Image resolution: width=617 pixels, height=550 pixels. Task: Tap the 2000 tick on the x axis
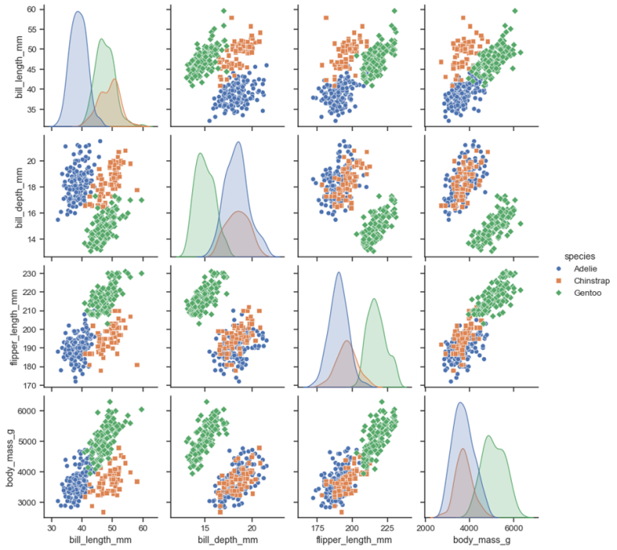click(426, 527)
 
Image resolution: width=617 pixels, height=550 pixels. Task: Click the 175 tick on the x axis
click(317, 527)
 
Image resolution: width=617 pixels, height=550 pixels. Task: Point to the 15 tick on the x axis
click(206, 527)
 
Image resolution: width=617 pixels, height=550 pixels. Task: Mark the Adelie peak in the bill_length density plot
click(78, 12)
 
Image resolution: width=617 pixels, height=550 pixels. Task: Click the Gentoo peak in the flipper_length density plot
click(374, 299)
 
